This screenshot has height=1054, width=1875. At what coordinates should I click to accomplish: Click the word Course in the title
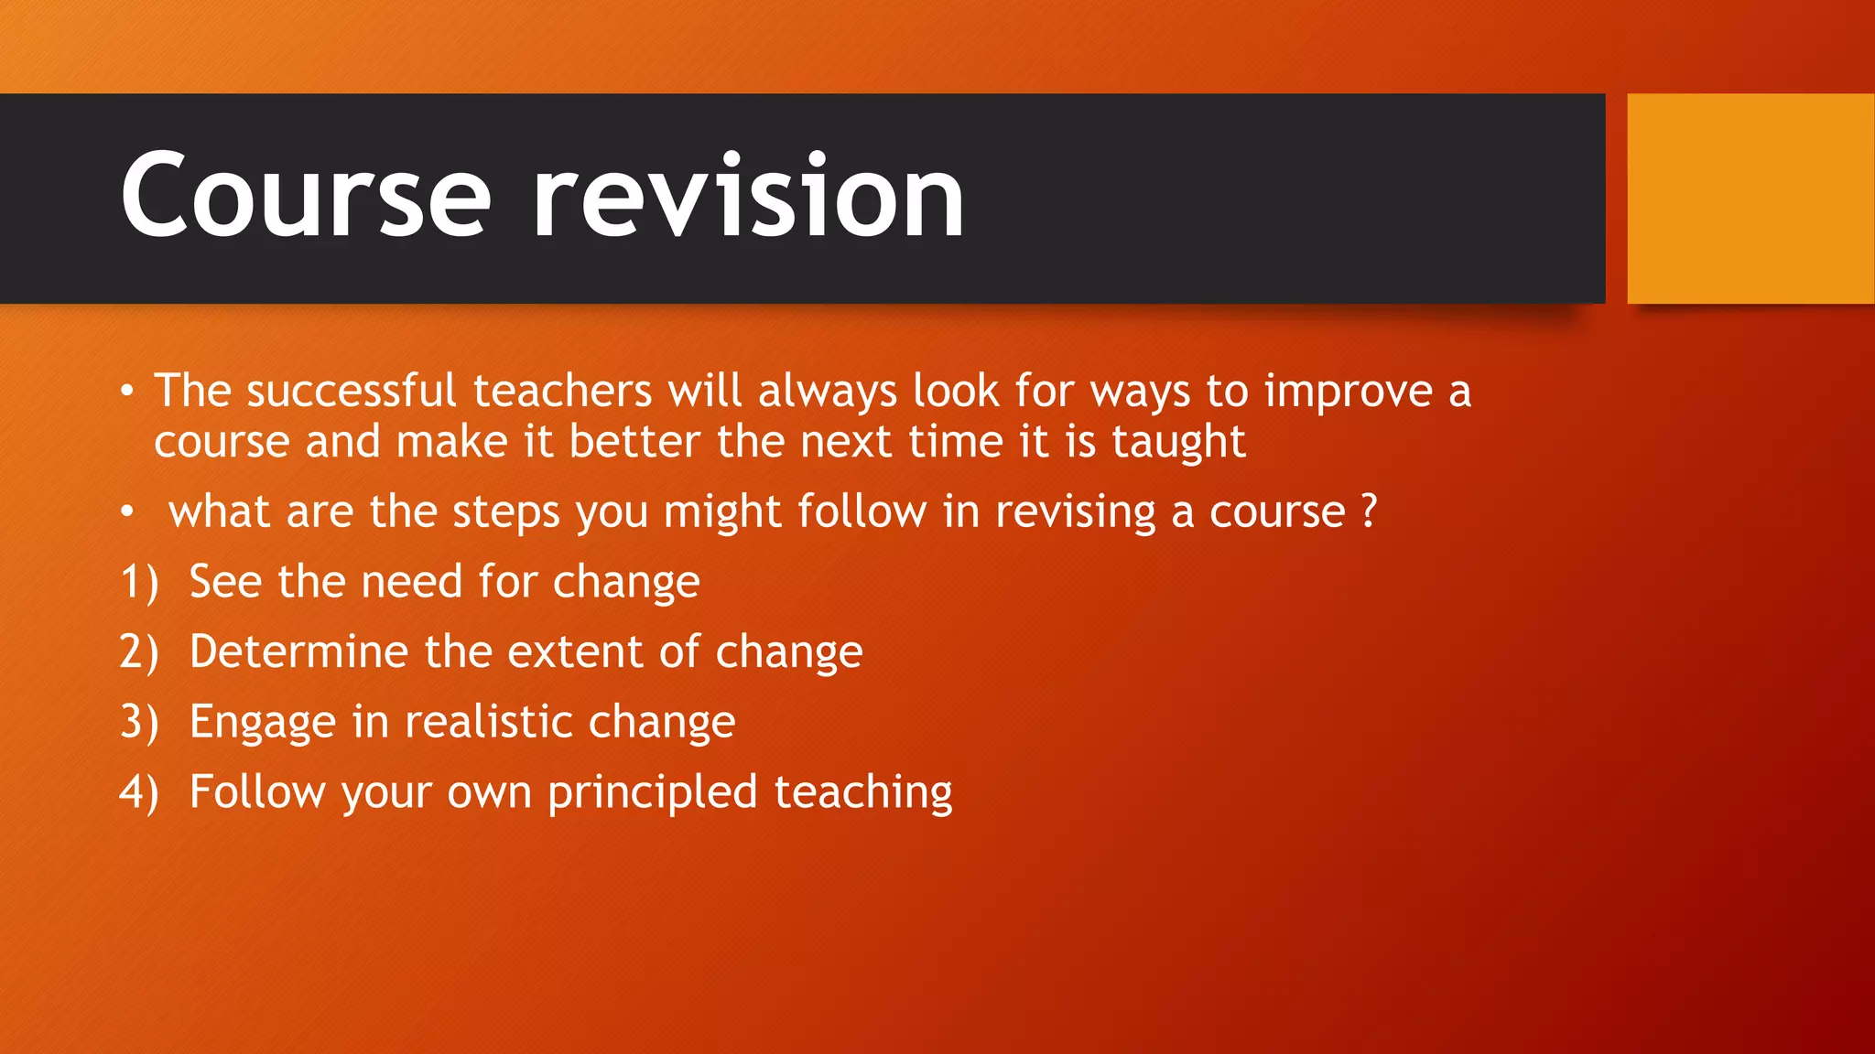[306, 196]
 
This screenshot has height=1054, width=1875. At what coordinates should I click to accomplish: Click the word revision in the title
[748, 196]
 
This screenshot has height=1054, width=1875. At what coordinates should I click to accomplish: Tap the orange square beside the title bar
[1750, 199]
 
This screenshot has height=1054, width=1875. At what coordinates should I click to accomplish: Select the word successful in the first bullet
[351, 392]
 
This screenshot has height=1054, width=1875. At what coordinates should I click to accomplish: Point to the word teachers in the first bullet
[562, 392]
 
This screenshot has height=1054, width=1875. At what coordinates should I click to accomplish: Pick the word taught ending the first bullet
[1178, 443]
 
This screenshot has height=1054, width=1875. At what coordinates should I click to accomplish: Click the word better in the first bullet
[634, 442]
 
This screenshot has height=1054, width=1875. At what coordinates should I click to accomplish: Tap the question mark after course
[1369, 511]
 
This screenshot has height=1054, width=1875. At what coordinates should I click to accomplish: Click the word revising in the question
[1076, 512]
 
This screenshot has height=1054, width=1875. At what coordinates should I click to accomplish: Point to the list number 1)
[139, 583]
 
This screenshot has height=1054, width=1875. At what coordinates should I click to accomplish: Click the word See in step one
[225, 582]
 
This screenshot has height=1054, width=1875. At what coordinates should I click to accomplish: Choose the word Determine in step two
[298, 652]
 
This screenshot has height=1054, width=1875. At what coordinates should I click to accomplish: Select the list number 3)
[139, 723]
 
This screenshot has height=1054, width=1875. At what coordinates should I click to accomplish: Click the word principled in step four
[652, 793]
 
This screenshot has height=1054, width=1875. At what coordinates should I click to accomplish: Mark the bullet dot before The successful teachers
[127, 393]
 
